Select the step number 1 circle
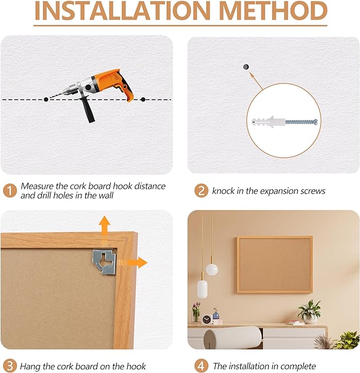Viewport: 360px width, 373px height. coord(10,190)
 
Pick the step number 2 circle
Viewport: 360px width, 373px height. coord(201,190)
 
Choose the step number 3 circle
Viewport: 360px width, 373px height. coord(10,366)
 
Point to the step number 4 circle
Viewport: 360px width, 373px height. coord(201,366)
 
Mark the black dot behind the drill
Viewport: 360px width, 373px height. coord(143,99)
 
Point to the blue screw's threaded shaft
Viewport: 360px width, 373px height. coord(300,122)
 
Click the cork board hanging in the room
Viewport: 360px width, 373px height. coord(274,264)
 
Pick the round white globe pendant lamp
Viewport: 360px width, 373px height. coord(212,269)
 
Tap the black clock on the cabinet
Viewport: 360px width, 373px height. coord(207,319)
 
